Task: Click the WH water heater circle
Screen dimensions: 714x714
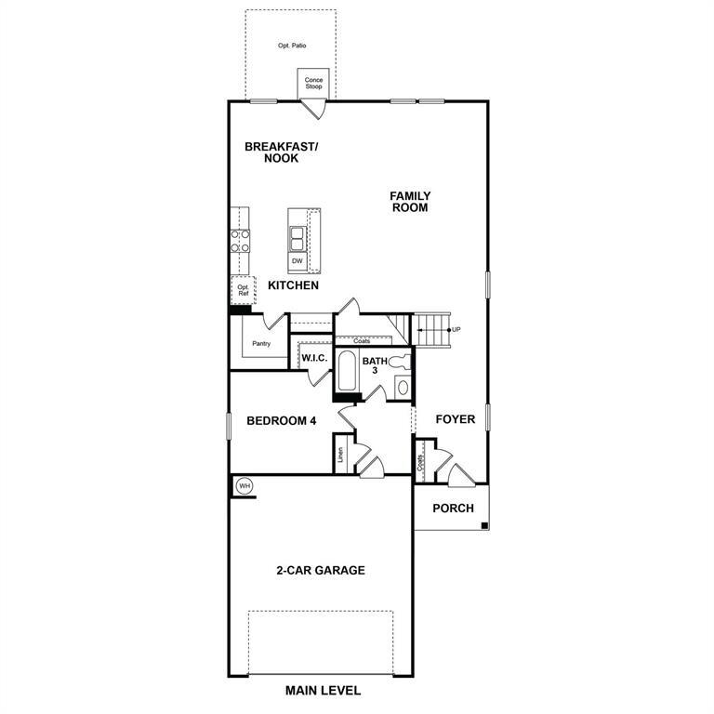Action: pyautogui.click(x=245, y=485)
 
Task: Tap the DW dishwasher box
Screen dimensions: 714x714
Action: pyautogui.click(x=297, y=261)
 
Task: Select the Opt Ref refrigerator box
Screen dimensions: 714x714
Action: pyautogui.click(x=243, y=289)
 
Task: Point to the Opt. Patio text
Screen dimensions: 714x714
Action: pyautogui.click(x=292, y=45)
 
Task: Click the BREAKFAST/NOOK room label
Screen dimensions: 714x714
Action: pyautogui.click(x=281, y=152)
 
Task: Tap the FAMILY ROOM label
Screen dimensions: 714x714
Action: pyautogui.click(x=410, y=202)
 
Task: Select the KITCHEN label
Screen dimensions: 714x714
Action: pyautogui.click(x=294, y=285)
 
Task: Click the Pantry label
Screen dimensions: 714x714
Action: pyautogui.click(x=261, y=343)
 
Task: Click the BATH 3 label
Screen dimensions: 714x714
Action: pyautogui.click(x=375, y=366)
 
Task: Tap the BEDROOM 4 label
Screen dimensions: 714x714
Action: pyautogui.click(x=282, y=421)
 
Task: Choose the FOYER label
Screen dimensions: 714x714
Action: pyautogui.click(x=456, y=419)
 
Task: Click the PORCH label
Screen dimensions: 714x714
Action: pyautogui.click(x=454, y=509)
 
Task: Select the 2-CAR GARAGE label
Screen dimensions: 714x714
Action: pyautogui.click(x=320, y=570)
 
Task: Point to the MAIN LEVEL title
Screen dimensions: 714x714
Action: pyautogui.click(x=323, y=691)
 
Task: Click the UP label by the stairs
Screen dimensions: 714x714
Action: pyautogui.click(x=456, y=329)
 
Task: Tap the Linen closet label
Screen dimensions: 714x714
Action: pyautogui.click(x=341, y=456)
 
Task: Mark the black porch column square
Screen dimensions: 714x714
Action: pyautogui.click(x=484, y=527)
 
